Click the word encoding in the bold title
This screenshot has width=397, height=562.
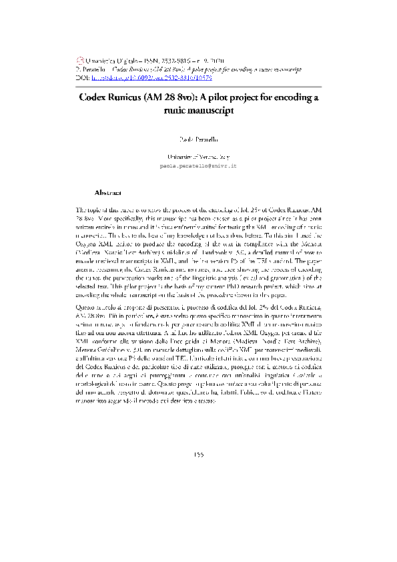coord(290,98)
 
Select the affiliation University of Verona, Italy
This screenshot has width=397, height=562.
coord(198,156)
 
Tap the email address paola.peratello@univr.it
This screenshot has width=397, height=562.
coord(198,164)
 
